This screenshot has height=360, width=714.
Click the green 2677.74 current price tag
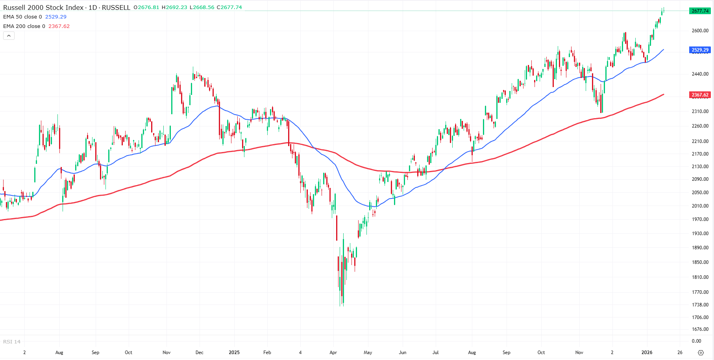click(700, 11)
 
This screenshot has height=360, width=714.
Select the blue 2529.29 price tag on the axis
click(700, 50)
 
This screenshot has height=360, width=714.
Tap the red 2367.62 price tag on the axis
click(700, 95)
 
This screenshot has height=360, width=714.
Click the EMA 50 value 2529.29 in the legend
click(56, 17)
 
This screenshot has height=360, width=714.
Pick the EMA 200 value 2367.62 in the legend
click(59, 26)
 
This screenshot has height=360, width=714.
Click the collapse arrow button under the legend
click(9, 36)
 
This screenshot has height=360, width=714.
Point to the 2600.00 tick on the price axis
click(700, 31)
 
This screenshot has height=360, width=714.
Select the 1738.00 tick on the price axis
click(700, 305)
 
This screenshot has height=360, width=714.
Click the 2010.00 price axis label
click(700, 206)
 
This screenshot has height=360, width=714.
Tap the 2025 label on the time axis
click(234, 353)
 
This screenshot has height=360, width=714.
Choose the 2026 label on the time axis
click(647, 353)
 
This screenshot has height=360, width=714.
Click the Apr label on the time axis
click(333, 353)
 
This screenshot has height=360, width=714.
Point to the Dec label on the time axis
click(200, 353)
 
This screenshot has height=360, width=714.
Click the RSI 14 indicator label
click(12, 342)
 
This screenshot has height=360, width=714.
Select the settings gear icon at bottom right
click(701, 353)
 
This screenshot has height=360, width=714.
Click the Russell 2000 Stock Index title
click(43, 7)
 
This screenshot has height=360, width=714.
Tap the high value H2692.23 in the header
click(174, 7)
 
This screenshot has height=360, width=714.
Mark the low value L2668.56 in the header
click(202, 7)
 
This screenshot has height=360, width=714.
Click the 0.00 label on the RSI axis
click(696, 341)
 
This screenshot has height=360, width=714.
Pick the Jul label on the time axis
click(435, 353)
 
